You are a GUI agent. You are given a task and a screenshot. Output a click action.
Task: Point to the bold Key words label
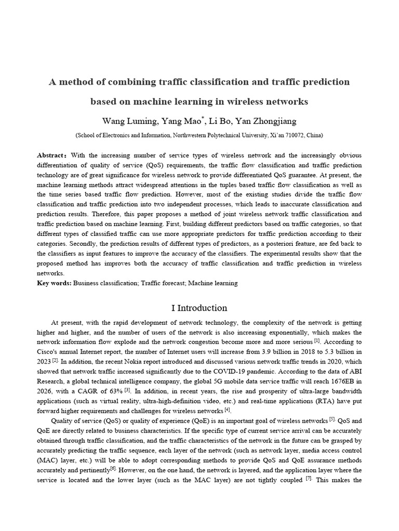[x=54, y=283]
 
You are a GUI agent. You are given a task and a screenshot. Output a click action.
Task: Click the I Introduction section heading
[x=199, y=308]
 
